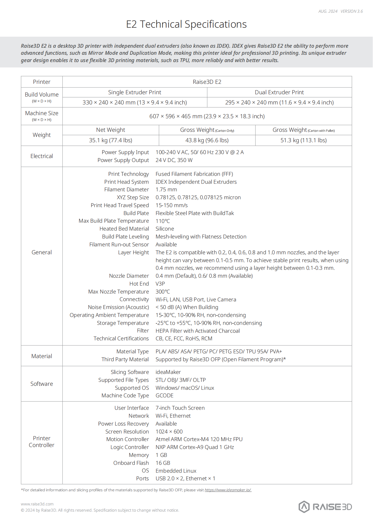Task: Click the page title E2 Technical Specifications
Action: click(186, 24)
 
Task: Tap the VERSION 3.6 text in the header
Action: click(352, 11)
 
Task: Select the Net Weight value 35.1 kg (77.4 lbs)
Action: click(111, 140)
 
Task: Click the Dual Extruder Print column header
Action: click(279, 92)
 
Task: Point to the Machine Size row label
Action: click(42, 113)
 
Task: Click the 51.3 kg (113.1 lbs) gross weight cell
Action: click(303, 140)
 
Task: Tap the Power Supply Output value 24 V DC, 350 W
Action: click(174, 160)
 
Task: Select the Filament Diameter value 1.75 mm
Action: click(166, 190)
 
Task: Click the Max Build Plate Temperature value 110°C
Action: click(163, 221)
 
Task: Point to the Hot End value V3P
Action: click(160, 284)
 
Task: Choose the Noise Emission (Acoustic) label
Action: click(118, 307)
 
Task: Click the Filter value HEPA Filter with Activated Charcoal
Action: click(197, 331)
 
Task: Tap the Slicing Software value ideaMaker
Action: click(168, 372)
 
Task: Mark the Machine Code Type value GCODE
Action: click(164, 396)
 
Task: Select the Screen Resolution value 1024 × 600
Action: click(169, 431)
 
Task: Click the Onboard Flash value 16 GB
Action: click(163, 463)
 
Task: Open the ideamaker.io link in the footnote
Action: click(228, 490)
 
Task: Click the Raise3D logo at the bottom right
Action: click(325, 507)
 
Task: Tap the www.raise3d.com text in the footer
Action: click(37, 504)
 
